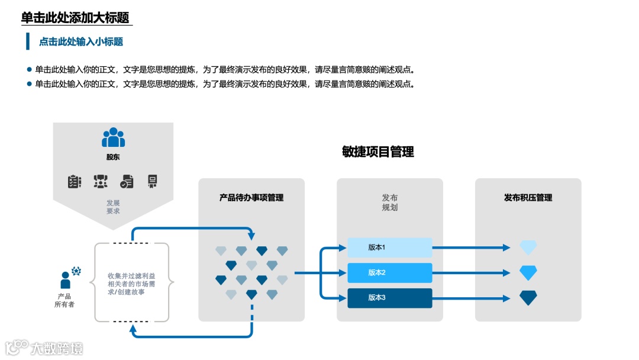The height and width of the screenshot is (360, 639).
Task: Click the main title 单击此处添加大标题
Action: (75, 18)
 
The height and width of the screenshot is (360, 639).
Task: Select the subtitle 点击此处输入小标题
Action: (81, 41)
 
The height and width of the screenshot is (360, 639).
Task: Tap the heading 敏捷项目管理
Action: (377, 152)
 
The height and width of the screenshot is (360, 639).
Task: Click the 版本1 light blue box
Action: (389, 247)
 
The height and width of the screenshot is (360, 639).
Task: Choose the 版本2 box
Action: (389, 272)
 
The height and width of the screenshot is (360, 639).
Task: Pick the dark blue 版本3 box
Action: (389, 297)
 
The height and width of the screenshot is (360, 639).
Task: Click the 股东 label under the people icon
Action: (113, 157)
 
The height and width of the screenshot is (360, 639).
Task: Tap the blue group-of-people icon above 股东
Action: (113, 138)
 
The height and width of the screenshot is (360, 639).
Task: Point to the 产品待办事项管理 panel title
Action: (251, 198)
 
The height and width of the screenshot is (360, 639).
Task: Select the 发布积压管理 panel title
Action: (528, 198)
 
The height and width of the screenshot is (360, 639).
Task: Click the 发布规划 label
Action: (390, 202)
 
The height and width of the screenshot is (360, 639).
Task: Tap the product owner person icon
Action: (66, 280)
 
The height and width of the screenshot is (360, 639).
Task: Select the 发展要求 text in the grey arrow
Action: (113, 207)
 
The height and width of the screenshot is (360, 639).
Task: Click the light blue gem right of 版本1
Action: (528, 247)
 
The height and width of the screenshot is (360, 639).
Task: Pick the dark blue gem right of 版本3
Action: (528, 298)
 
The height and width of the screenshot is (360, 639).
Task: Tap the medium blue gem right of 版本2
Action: (528, 273)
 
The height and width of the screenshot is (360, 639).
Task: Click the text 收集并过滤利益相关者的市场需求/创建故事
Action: (131, 284)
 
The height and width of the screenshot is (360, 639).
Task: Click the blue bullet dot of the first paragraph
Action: (29, 69)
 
